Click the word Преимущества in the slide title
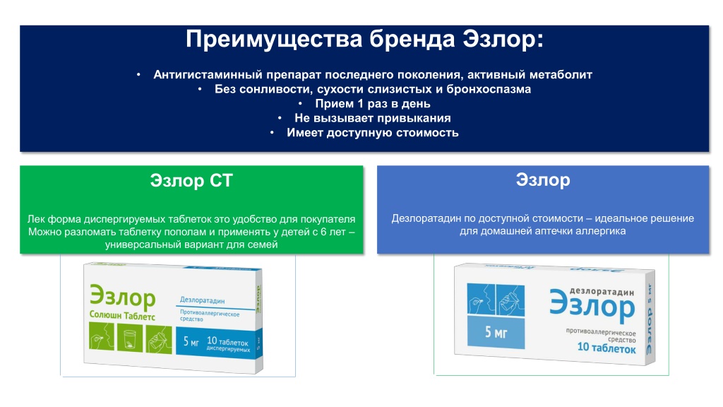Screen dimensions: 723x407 tap(274, 40)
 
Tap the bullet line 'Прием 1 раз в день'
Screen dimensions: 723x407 tap(373, 104)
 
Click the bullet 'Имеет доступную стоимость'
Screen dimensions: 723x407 tap(373, 133)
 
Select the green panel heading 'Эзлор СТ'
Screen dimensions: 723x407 tap(191, 180)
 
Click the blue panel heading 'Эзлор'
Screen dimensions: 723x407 tap(543, 180)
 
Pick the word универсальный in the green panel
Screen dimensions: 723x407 tap(141, 244)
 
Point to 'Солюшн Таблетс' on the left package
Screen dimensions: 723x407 tap(122, 316)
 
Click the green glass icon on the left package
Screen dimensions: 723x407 tap(130, 337)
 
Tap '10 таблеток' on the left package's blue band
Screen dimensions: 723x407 tap(227, 342)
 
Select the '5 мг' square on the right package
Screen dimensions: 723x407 tap(496, 332)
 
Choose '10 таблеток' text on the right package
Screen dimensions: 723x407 tap(607, 348)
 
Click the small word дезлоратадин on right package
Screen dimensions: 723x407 tap(602, 292)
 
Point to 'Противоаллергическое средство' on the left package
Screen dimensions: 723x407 tap(209, 316)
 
